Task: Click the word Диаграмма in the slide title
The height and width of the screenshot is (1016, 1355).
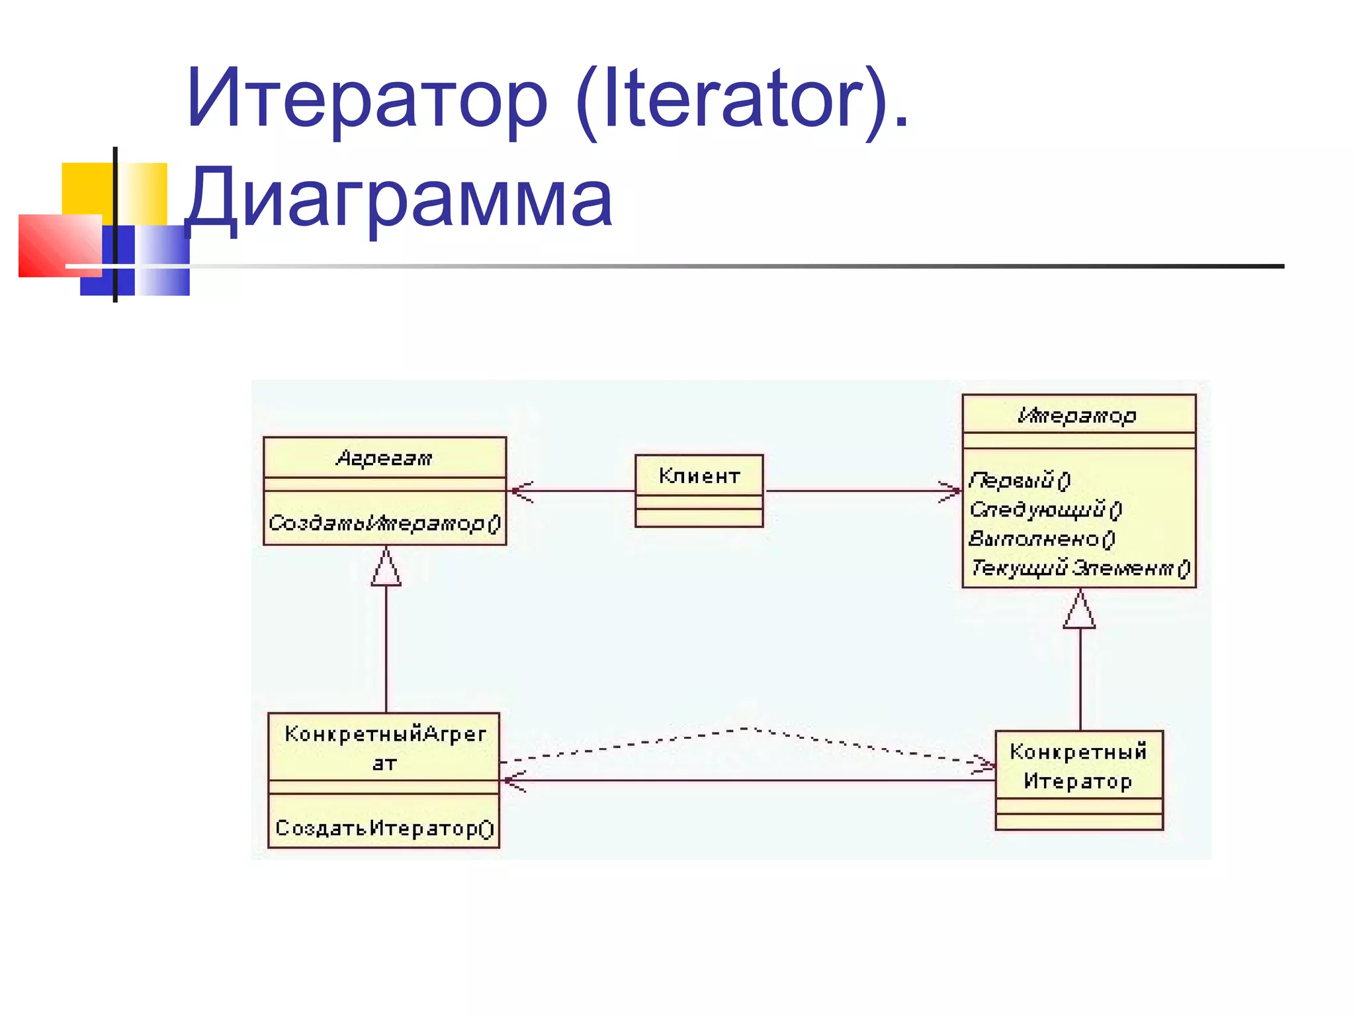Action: [399, 198]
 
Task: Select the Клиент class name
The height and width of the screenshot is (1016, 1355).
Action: [699, 476]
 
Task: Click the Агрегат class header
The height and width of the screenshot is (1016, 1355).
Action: [384, 458]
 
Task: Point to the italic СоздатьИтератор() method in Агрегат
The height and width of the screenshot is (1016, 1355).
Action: [384, 523]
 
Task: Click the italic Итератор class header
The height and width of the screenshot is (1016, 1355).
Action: [1078, 415]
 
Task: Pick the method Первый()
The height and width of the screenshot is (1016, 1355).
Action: [1020, 480]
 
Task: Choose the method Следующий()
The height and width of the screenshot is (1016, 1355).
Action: [1045, 509]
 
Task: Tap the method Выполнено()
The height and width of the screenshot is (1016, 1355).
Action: [1041, 538]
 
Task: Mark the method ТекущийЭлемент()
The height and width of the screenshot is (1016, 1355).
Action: [1080, 568]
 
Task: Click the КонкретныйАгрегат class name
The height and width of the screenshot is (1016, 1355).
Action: [384, 747]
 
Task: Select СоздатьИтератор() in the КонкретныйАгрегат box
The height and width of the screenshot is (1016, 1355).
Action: [384, 828]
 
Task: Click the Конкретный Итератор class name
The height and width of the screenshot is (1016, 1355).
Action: [1078, 766]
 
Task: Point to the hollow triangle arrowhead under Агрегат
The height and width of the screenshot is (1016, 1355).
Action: [386, 569]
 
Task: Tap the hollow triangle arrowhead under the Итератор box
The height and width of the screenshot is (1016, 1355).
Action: [1080, 611]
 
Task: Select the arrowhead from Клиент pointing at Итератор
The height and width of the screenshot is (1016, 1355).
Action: [951, 491]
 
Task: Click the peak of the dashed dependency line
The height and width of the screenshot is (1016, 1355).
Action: [748, 728]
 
